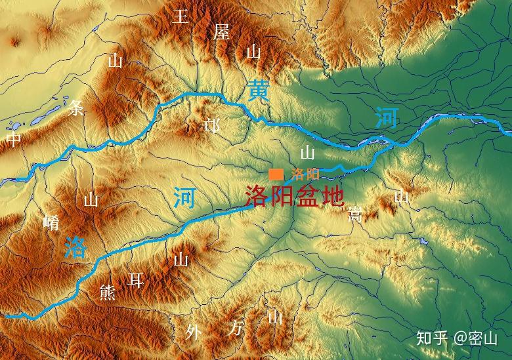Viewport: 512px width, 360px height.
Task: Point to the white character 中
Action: (14, 140)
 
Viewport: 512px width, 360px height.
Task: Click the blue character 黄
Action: (258, 91)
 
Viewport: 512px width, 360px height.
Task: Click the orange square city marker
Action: (276, 174)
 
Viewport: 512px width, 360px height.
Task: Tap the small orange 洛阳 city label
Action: (305, 174)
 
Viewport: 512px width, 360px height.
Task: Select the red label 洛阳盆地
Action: (294, 196)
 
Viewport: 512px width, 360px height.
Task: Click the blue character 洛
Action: (75, 247)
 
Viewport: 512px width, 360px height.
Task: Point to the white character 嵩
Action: (355, 214)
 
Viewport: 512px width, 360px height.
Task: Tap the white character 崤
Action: (51, 222)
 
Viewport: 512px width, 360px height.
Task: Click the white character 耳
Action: (136, 281)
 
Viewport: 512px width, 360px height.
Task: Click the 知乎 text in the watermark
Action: (431, 338)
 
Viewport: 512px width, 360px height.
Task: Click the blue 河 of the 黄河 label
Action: (387, 119)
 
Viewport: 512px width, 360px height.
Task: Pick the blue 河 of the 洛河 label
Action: (184, 197)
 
